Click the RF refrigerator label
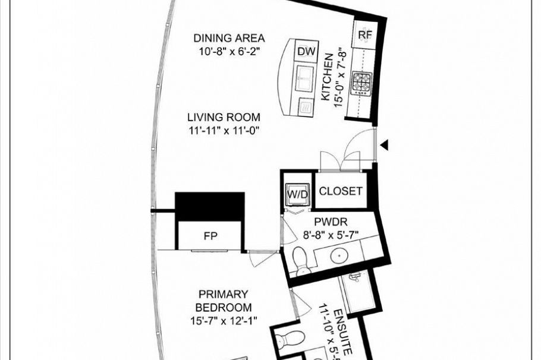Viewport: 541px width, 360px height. click(364, 35)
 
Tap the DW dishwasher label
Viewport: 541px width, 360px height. click(306, 52)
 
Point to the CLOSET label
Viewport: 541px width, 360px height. click(341, 191)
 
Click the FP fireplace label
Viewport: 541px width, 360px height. click(210, 236)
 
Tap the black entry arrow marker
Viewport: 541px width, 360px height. click(385, 144)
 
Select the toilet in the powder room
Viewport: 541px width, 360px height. click(302, 260)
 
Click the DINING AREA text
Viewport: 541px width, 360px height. click(229, 38)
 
